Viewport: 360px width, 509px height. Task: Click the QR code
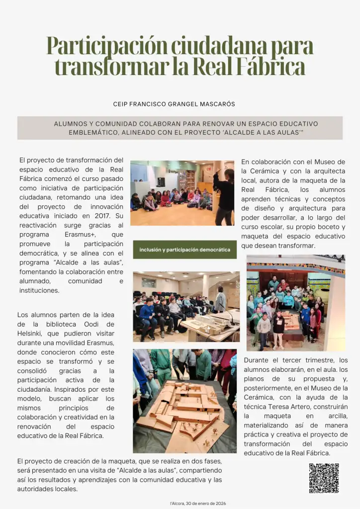pyautogui.click(x=324, y=478)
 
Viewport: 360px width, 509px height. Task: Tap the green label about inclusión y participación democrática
pyautogui.click(x=184, y=250)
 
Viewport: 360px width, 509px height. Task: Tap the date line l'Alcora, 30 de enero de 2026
pyautogui.click(x=198, y=503)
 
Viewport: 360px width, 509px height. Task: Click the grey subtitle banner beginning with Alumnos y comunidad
pyautogui.click(x=180, y=128)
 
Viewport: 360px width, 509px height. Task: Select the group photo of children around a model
pyautogui.click(x=295, y=303)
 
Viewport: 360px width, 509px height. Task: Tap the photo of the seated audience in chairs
pyautogui.click(x=184, y=307)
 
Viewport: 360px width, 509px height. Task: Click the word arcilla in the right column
pyautogui.click(x=335, y=416)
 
